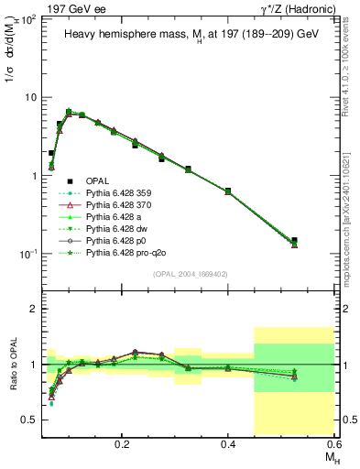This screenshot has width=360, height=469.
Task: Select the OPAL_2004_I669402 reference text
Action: [189, 273]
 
